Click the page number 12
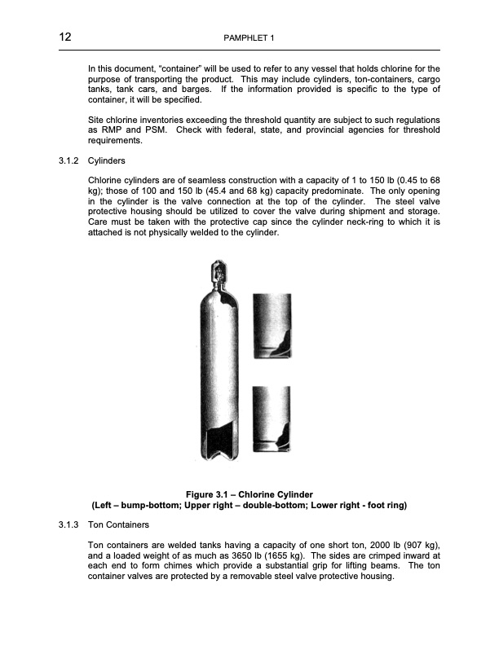tap(65, 37)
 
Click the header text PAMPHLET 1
tap(249, 38)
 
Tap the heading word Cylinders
tap(106, 161)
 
